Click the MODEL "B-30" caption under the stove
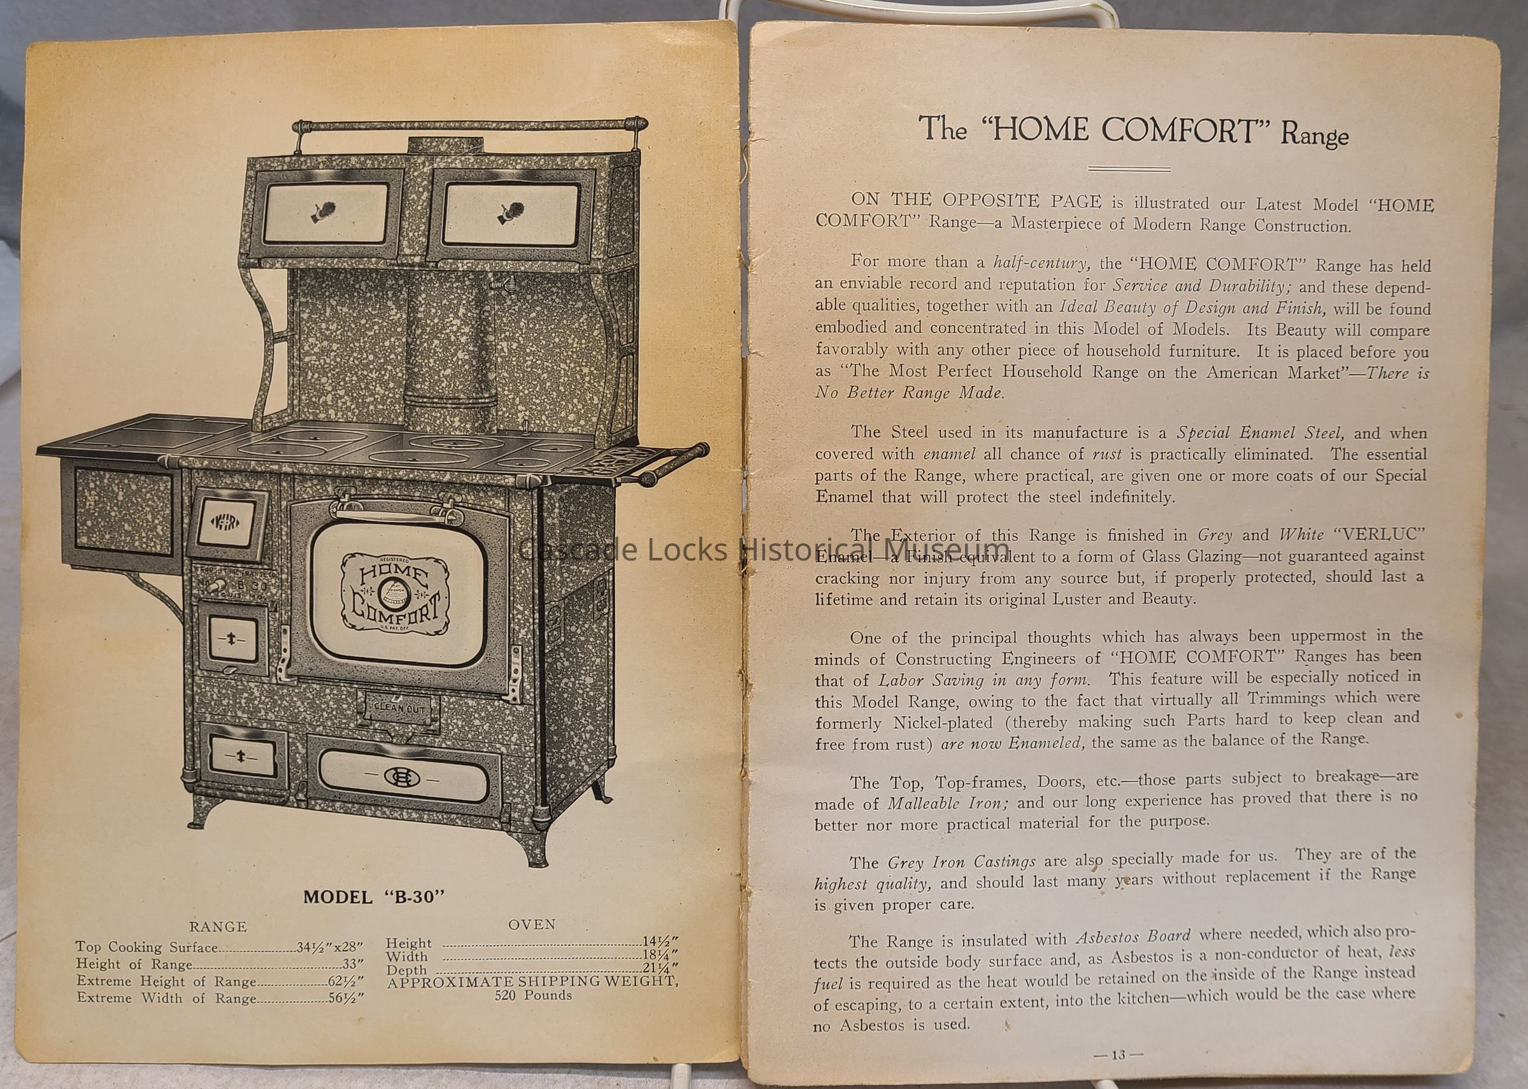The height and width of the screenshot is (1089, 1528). pyautogui.click(x=374, y=897)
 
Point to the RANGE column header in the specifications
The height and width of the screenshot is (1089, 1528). pyautogui.click(x=218, y=927)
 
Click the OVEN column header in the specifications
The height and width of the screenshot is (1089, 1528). pyautogui.click(x=532, y=924)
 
